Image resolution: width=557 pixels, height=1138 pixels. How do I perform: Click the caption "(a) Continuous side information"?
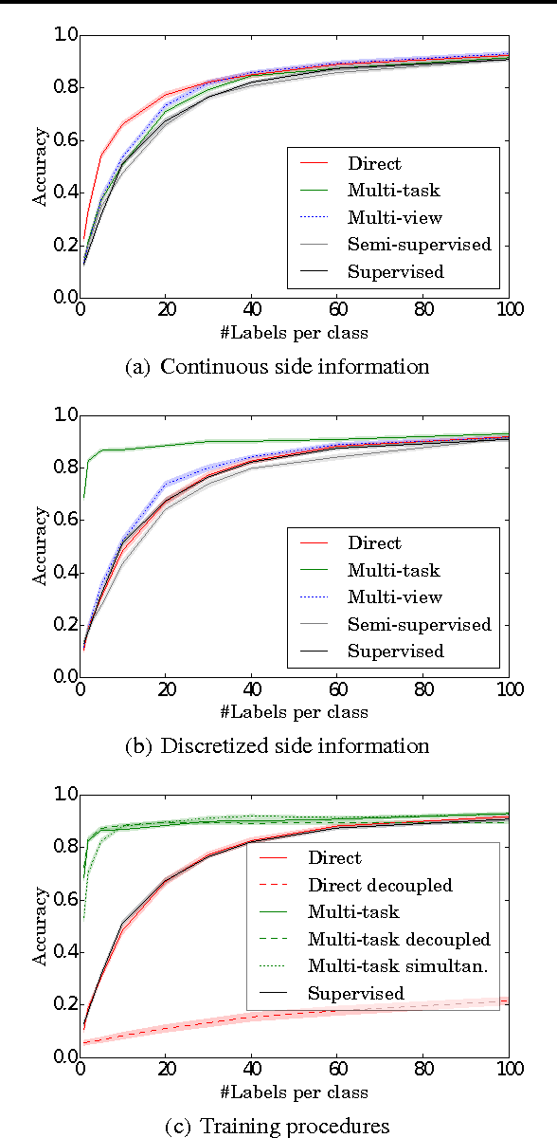278,367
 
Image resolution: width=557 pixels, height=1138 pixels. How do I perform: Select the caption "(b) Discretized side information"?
278,746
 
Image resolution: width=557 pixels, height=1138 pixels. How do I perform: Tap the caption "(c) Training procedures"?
278,1126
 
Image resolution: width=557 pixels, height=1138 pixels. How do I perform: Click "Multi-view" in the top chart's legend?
394,217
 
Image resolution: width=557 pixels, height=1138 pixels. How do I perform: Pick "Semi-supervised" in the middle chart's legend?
419,624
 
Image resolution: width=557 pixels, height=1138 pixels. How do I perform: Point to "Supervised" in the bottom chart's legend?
355,993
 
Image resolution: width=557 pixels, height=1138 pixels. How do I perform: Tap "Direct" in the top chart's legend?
374,163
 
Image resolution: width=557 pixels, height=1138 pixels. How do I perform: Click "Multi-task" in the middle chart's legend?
393,570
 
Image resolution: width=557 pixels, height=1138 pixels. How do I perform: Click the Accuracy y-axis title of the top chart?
41,167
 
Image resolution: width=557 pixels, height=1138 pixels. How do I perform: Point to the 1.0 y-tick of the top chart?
63,36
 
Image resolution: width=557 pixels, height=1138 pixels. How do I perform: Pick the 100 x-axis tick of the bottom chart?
508,1068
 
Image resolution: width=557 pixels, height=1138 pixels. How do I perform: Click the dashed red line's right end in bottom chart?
508,1000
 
